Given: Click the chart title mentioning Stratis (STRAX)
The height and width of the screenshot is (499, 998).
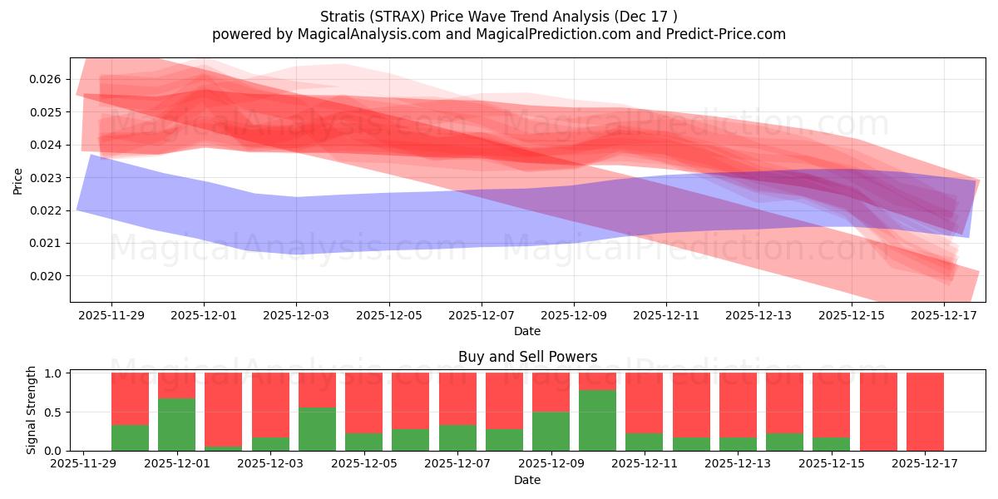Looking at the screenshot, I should (x=498, y=16).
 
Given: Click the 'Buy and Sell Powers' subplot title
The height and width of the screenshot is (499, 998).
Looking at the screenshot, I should (x=527, y=357).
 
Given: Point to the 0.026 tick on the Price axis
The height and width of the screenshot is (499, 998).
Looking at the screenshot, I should (x=48, y=80).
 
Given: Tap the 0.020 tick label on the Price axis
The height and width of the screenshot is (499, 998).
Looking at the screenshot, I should (x=48, y=276).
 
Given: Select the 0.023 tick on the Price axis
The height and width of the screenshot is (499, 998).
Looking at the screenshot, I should (x=48, y=178).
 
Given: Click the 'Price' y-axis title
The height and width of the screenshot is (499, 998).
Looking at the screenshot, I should (x=18, y=180).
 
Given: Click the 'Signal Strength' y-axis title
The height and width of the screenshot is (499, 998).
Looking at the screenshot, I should (x=32, y=410).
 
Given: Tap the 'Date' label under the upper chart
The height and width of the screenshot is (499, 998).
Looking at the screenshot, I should (x=527, y=331).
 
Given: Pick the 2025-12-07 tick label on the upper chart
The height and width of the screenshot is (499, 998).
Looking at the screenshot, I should (x=482, y=315).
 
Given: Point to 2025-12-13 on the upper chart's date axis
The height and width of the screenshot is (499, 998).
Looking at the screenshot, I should (x=758, y=315).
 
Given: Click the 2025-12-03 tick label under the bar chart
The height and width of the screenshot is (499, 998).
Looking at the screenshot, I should (x=270, y=464).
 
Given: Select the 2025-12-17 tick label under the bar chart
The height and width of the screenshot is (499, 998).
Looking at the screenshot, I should (x=926, y=464).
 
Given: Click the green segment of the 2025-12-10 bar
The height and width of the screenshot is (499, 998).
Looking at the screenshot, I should (x=597, y=420).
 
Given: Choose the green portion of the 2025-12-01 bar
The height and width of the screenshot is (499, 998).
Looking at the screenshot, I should (x=176, y=424).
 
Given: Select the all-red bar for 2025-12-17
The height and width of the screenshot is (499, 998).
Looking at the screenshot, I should (x=925, y=412).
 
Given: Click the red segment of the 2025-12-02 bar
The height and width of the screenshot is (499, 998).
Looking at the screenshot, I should (x=223, y=408).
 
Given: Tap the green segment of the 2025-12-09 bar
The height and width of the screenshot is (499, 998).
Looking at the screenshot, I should (x=551, y=431).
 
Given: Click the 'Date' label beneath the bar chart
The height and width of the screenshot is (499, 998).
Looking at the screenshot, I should (x=527, y=480).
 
